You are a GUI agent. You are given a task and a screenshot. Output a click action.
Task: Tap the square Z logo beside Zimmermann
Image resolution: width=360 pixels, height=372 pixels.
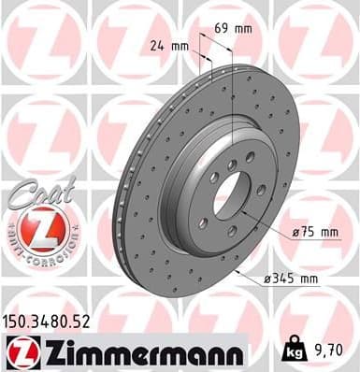(x=19, y=351)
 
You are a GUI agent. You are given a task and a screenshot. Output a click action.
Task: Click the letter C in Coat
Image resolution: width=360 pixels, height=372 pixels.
(x=17, y=197)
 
